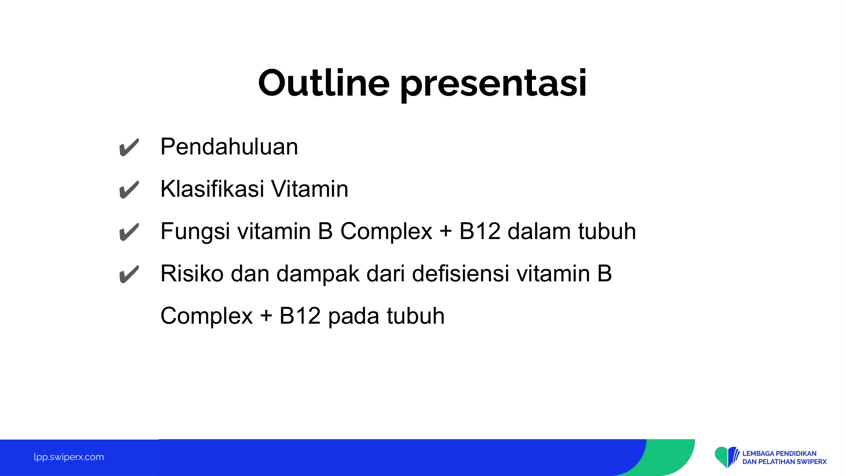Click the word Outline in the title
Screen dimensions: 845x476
(x=324, y=83)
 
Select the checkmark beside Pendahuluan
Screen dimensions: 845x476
(x=129, y=147)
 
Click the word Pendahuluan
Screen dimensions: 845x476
(x=229, y=147)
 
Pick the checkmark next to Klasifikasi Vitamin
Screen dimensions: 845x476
(x=129, y=190)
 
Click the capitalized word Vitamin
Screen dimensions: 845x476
(x=310, y=189)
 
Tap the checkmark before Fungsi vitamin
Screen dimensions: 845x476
(x=129, y=232)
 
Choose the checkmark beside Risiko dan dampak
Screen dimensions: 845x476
(x=129, y=274)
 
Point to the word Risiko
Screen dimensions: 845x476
(x=192, y=273)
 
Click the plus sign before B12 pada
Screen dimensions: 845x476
(x=266, y=316)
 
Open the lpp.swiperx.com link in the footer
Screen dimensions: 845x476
(x=69, y=457)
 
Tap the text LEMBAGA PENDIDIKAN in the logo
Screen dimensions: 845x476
(x=780, y=454)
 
